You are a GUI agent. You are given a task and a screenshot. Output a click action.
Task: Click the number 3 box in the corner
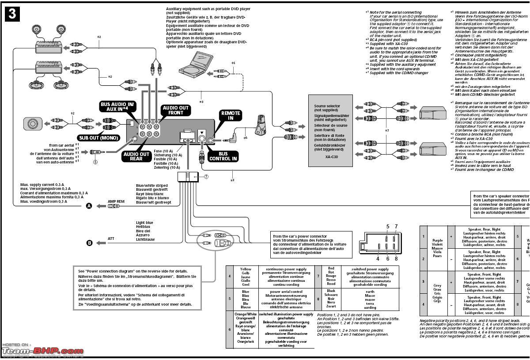tap(12, 14)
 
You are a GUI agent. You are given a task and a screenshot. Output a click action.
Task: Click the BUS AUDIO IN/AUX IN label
tap(117, 107)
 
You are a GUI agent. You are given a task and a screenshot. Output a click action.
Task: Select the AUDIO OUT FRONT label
tap(175, 110)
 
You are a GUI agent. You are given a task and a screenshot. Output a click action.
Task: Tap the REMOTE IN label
tap(231, 116)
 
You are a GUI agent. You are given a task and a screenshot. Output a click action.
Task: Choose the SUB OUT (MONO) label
tap(98, 138)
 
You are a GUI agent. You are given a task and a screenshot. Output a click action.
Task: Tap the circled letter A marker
tap(89, 206)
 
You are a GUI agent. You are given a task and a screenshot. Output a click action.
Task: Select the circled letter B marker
tap(89, 243)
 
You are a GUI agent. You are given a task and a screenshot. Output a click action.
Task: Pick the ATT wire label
tap(111, 239)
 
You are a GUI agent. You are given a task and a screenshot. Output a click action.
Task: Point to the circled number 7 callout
tap(206, 176)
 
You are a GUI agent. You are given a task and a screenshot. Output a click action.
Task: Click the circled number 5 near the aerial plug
tap(95, 162)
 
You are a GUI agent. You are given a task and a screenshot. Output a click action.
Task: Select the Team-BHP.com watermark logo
tap(42, 352)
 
